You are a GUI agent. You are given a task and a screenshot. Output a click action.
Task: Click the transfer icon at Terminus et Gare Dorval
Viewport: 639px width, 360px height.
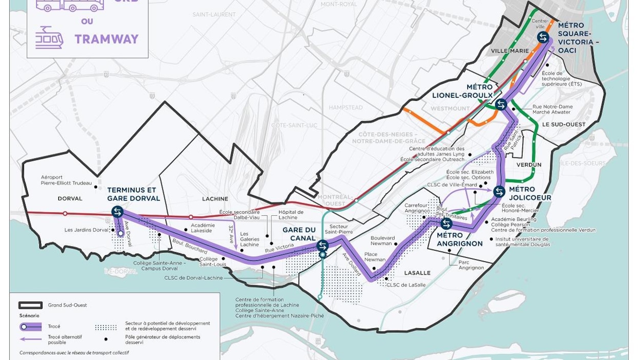[x=118, y=212]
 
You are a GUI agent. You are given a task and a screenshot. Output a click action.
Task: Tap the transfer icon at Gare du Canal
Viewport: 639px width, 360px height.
[x=323, y=245]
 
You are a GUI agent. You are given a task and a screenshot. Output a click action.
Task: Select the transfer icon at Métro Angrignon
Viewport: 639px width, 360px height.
[x=446, y=224]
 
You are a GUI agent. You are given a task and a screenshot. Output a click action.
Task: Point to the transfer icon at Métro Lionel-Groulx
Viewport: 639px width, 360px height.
[x=501, y=104]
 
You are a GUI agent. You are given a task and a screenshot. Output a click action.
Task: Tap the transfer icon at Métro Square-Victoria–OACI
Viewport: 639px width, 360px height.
[x=543, y=37]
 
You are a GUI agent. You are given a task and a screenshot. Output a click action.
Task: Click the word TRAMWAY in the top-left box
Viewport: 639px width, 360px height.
[x=106, y=39]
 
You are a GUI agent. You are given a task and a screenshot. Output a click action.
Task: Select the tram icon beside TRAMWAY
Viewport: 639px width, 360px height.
[x=49, y=38]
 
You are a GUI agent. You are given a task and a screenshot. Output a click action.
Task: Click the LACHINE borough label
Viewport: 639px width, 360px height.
[x=215, y=199]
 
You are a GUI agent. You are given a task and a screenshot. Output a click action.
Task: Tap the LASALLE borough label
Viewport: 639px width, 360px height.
[x=418, y=273]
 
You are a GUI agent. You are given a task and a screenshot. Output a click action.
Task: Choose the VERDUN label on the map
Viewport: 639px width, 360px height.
[x=529, y=165]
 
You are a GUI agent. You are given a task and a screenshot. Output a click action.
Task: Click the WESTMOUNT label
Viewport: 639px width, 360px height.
[x=449, y=109]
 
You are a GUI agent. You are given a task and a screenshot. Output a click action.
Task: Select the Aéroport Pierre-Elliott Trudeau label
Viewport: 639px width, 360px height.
[x=66, y=180]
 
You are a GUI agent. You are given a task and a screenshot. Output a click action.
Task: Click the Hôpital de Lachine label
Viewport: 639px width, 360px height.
[x=291, y=215]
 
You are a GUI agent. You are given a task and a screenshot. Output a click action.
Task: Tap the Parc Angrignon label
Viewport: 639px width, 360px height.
[x=471, y=264]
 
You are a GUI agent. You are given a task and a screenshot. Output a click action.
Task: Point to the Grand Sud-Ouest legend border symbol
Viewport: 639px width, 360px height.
[x=31, y=305]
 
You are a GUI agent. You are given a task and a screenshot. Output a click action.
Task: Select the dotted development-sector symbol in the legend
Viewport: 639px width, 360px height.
[x=106, y=326]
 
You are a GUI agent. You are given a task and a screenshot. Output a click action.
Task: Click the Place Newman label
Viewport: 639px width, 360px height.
[x=375, y=257]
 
